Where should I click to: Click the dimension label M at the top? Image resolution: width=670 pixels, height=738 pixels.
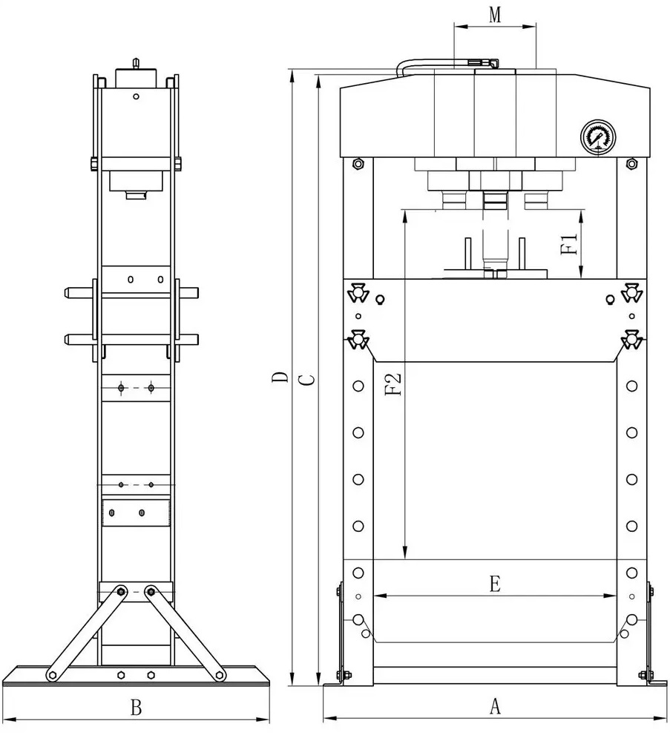point(495,15)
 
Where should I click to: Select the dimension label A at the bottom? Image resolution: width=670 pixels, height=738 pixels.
point(495,706)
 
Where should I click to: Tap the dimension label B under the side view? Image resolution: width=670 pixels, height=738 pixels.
point(136,708)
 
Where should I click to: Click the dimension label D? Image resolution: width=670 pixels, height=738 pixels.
point(281,378)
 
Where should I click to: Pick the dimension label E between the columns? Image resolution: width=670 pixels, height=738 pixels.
point(495,584)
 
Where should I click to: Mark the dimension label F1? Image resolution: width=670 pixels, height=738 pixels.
point(570,244)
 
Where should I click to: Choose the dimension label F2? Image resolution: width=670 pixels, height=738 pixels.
point(393,383)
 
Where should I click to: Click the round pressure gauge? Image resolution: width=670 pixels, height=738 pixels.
point(598,136)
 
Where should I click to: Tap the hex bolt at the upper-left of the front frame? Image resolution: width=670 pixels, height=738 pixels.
point(358,164)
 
